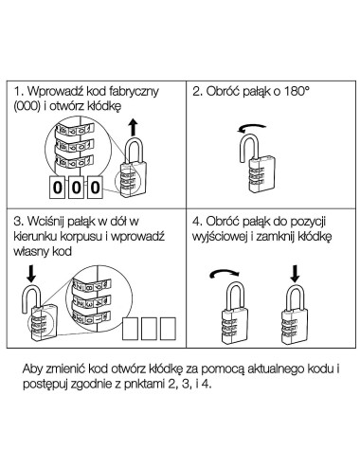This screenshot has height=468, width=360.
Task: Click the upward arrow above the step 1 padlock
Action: (x=134, y=128)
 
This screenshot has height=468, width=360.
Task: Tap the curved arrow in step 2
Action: (x=252, y=127)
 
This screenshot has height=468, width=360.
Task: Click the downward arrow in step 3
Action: (x=31, y=274)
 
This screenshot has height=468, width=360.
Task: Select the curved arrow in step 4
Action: (x=225, y=273)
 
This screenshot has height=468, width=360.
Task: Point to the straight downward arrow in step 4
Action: (x=295, y=274)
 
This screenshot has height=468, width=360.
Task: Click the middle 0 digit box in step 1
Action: (x=76, y=188)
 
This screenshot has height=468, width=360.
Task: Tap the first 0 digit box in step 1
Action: (x=57, y=188)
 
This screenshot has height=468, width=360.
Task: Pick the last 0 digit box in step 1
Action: (x=95, y=188)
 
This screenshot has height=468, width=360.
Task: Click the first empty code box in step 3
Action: (x=130, y=329)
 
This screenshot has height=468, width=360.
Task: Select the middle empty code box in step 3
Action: (x=149, y=329)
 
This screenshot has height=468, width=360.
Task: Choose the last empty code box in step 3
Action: (x=168, y=329)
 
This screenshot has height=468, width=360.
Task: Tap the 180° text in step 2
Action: (x=297, y=91)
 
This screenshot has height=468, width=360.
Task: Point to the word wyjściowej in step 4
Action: (x=220, y=237)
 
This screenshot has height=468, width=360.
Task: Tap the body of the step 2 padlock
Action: (x=261, y=174)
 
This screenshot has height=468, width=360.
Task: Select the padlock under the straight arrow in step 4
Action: (x=295, y=315)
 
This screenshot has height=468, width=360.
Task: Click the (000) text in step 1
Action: (x=27, y=106)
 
